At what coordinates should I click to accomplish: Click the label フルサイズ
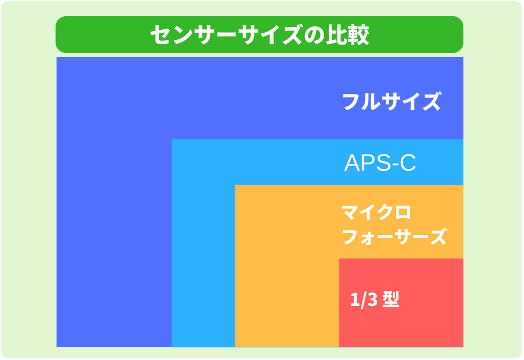[x=392, y=101]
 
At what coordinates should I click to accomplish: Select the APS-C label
[x=380, y=163]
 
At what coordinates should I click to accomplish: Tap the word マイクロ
[x=376, y=212]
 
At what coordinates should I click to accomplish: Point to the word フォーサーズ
[x=394, y=237]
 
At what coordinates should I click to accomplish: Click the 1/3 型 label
[x=375, y=299]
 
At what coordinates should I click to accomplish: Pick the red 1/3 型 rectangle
[x=401, y=302]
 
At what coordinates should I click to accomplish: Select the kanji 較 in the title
[x=358, y=34]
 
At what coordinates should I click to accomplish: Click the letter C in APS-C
[x=408, y=163]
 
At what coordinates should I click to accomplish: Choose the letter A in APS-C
[x=351, y=163]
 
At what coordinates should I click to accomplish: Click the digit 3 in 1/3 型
[x=372, y=300]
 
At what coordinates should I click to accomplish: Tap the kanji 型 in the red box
[x=391, y=299]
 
